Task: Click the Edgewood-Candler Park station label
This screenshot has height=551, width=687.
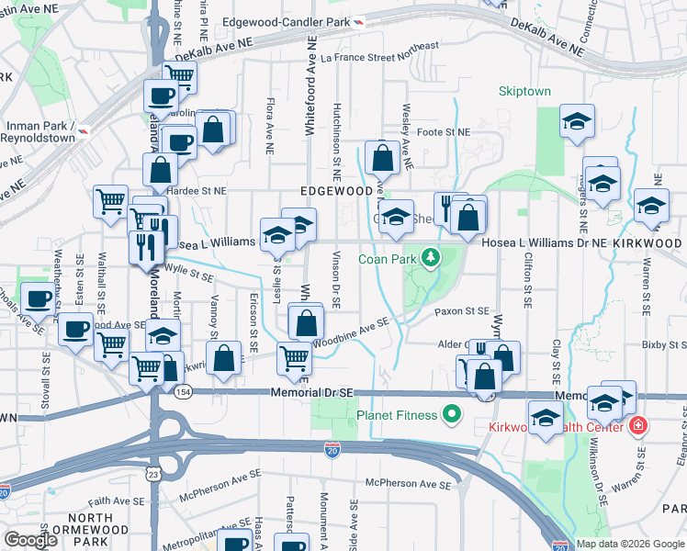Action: (292, 21)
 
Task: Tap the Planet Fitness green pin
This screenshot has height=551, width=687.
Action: (451, 415)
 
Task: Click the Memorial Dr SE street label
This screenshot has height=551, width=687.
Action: (312, 392)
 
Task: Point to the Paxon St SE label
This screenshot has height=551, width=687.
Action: (461, 312)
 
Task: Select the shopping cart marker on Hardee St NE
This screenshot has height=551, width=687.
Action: (111, 199)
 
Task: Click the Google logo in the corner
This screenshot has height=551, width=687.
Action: (31, 540)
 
